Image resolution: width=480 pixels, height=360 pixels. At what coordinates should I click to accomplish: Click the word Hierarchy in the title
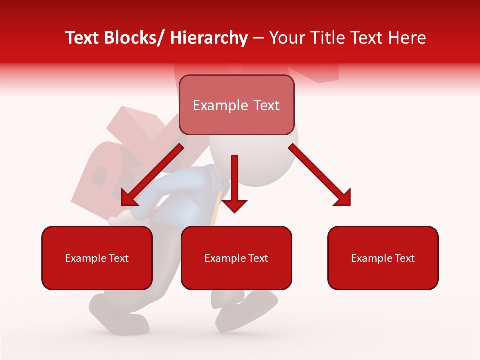(209, 38)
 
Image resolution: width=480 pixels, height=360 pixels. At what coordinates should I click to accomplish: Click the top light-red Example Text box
(236, 105)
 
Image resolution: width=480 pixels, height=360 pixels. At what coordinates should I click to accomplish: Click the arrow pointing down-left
(150, 177)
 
